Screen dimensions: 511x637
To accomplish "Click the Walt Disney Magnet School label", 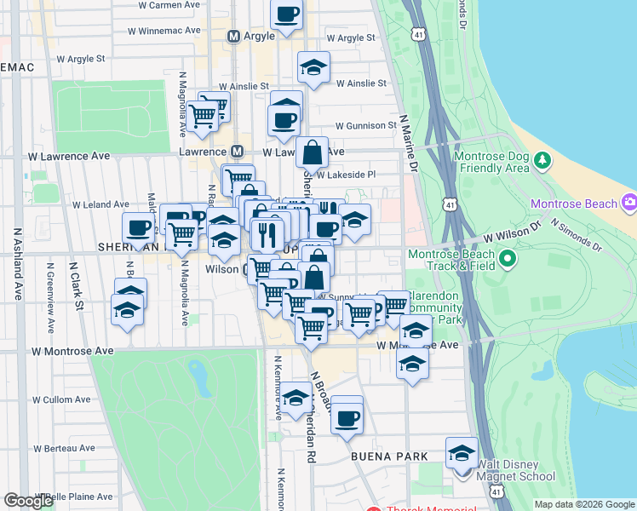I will (516, 471).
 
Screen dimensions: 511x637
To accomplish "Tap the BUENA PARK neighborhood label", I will (389, 456).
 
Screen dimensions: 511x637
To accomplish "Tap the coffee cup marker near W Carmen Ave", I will (287, 14).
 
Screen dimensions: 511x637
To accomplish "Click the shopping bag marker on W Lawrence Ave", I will (313, 153).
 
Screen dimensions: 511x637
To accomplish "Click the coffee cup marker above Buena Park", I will (347, 418).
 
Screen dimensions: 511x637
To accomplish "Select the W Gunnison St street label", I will (367, 125).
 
